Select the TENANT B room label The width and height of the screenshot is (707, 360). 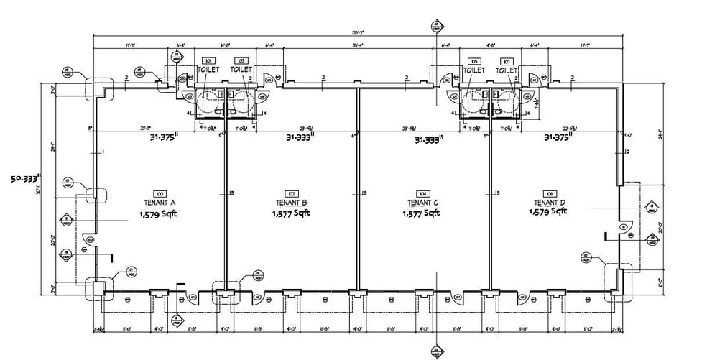point(291,203)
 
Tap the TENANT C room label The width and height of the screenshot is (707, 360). point(422,203)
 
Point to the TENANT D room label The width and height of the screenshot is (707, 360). point(549,203)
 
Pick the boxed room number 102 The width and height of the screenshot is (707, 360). point(291,194)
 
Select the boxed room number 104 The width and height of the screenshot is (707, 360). point(422,194)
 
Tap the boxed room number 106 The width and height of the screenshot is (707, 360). point(549,194)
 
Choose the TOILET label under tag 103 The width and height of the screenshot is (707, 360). point(241,70)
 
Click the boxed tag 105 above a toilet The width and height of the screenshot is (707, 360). point(474,61)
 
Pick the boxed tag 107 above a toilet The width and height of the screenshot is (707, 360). point(507,61)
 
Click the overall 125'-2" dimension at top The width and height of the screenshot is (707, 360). point(357,33)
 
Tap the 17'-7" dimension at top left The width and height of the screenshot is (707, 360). point(129,45)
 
